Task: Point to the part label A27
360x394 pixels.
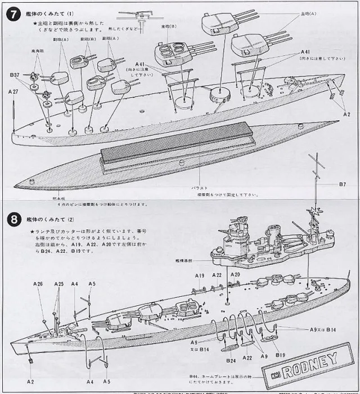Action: tap(13, 91)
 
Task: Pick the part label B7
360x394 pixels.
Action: tap(343, 185)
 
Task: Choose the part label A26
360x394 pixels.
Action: tap(38, 284)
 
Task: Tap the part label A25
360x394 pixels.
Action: tap(58, 284)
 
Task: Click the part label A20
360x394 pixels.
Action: tap(235, 275)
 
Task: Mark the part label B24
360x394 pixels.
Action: tap(231, 360)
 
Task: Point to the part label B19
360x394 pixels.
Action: tap(280, 355)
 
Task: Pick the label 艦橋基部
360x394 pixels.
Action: tap(183, 261)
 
